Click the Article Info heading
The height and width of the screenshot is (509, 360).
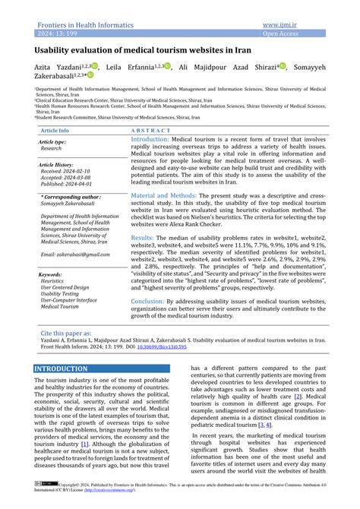(x=54, y=131)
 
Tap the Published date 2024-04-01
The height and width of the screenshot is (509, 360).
(x=68, y=184)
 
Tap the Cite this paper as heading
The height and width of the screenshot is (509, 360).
(x=67, y=333)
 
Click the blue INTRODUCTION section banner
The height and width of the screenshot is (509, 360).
(x=62, y=368)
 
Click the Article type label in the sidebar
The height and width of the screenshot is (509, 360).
(x=52, y=142)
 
